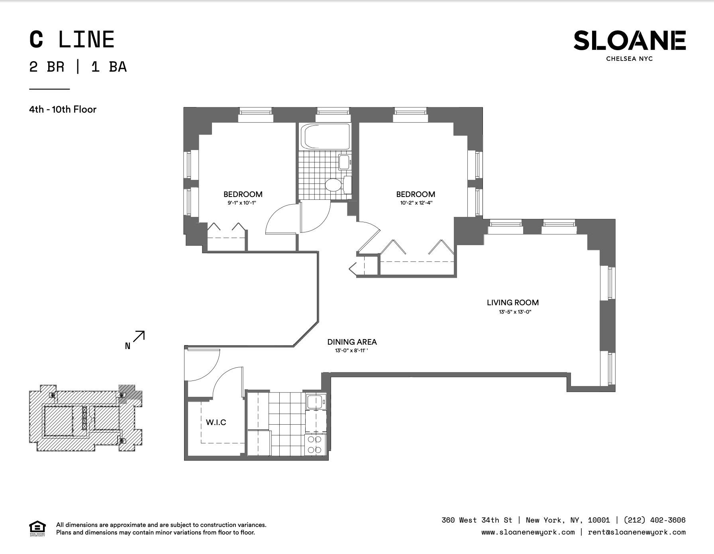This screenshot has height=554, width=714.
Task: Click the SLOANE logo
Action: pos(630,45)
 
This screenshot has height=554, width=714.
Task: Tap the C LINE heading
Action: pos(72,40)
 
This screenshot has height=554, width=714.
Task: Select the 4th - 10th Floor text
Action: pos(63,109)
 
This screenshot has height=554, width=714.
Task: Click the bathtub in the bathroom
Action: pos(326,137)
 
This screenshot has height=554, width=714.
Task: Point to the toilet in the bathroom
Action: pos(337,185)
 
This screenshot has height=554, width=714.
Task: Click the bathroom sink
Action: pos(344,162)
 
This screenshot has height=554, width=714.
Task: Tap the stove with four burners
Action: pos(315,445)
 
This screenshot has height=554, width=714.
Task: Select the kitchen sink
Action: pos(316,402)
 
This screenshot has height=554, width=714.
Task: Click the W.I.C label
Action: pos(216,422)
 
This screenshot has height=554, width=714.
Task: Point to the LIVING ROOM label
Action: pos(513,302)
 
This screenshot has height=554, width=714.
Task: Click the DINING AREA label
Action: pos(352,342)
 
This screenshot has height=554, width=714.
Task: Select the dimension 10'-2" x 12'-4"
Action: pos(416,203)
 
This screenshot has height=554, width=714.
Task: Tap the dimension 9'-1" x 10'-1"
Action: pos(241,203)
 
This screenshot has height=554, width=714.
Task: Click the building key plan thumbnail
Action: pos(86,418)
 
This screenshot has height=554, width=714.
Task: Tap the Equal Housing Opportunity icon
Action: pos(37,529)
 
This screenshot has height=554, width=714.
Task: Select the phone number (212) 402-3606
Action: pos(655,520)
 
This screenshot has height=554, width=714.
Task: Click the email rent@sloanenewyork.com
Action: pos(637,532)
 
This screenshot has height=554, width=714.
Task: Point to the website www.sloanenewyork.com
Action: pos(528,532)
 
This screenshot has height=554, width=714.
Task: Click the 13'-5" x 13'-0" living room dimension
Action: pos(515,312)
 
